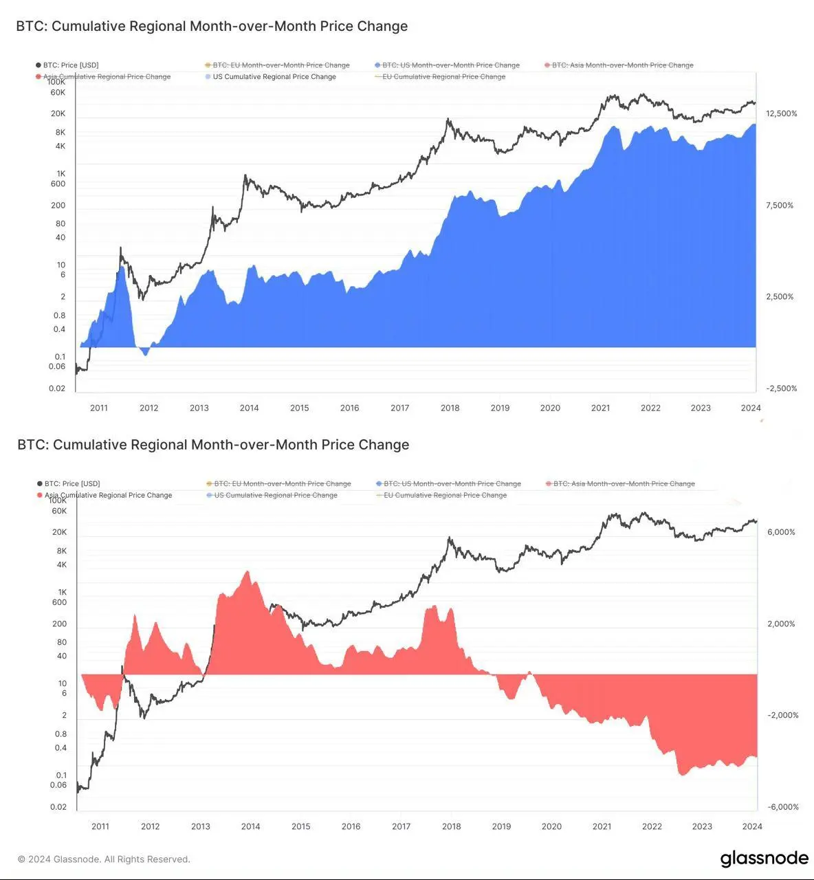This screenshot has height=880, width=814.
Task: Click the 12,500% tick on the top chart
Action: [x=782, y=113]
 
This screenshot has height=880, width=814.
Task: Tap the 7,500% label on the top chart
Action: [x=780, y=205]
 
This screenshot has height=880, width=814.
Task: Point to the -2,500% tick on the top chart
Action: [x=782, y=388]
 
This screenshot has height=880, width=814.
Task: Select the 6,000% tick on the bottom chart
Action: [x=781, y=532]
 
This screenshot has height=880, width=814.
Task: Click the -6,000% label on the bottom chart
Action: [x=783, y=807]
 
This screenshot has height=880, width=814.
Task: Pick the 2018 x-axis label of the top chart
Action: [x=450, y=408]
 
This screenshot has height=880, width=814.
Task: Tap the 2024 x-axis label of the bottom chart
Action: [x=752, y=826]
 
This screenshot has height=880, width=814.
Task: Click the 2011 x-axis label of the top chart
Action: [x=99, y=408]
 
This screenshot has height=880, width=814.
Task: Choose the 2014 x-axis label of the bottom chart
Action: [x=250, y=826]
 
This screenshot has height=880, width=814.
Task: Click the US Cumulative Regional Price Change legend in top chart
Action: [x=274, y=77]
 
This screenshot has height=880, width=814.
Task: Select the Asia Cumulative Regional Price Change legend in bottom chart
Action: [x=108, y=495]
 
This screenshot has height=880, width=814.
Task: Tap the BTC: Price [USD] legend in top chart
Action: [x=70, y=65]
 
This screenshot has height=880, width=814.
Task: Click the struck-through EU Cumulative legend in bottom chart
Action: [x=445, y=495]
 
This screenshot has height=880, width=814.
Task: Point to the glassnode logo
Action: [x=764, y=859]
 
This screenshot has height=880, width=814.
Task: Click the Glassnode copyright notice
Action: [x=104, y=859]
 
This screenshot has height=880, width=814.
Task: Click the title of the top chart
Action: [x=212, y=26]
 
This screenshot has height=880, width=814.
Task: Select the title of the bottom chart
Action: [x=213, y=445]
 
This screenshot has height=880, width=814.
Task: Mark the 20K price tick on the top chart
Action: [x=58, y=113]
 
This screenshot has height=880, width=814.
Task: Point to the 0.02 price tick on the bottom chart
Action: [x=58, y=807]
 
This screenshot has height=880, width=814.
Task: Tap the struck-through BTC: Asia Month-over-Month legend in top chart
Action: [x=622, y=65]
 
